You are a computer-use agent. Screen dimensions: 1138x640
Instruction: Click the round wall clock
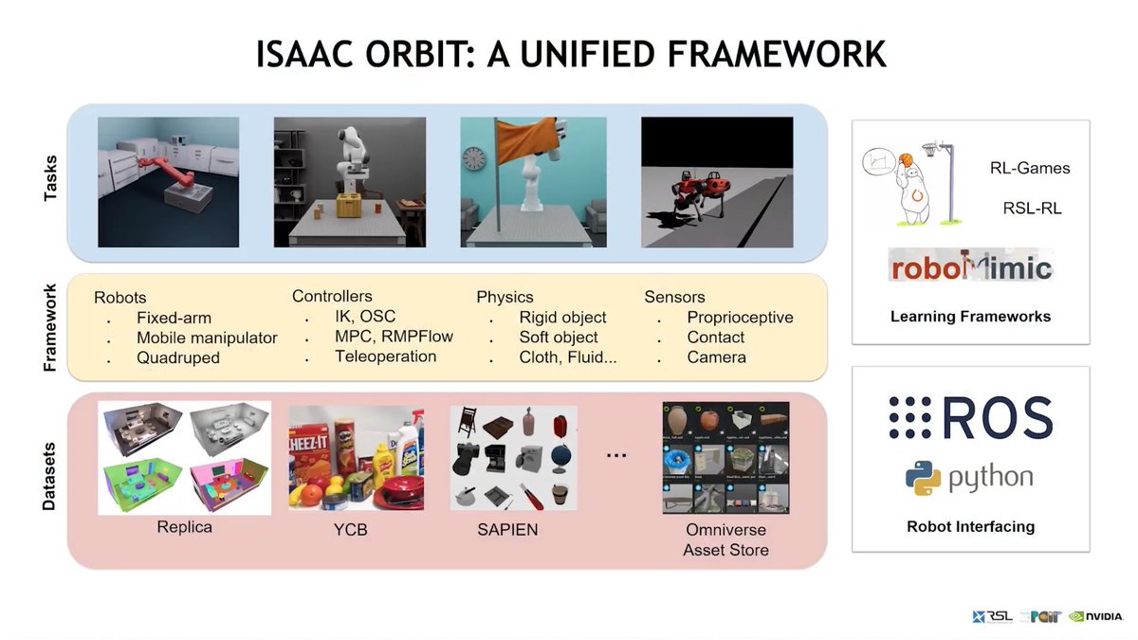tap(474, 158)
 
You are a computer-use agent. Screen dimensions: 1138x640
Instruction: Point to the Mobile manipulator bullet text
tap(207, 338)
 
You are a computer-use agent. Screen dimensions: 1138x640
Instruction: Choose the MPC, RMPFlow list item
tap(394, 337)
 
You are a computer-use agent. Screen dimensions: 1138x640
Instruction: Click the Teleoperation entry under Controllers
tap(385, 357)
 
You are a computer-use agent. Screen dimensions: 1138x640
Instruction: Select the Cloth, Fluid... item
tap(568, 357)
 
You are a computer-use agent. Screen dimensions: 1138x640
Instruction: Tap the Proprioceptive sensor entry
tap(740, 318)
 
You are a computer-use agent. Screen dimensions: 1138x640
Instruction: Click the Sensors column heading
tap(674, 297)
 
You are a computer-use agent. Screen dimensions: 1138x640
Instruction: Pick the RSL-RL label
tap(1032, 208)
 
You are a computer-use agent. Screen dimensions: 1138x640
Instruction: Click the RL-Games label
tap(1029, 169)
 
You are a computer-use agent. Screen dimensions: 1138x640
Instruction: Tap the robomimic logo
tap(970, 267)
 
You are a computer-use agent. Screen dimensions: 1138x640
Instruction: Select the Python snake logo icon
tap(923, 478)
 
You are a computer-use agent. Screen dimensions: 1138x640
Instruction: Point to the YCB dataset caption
tap(352, 530)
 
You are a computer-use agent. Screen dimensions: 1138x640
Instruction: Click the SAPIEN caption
tap(507, 530)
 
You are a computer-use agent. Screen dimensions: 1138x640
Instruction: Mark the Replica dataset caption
tap(184, 527)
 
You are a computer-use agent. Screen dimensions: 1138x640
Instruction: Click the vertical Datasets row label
tap(49, 477)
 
